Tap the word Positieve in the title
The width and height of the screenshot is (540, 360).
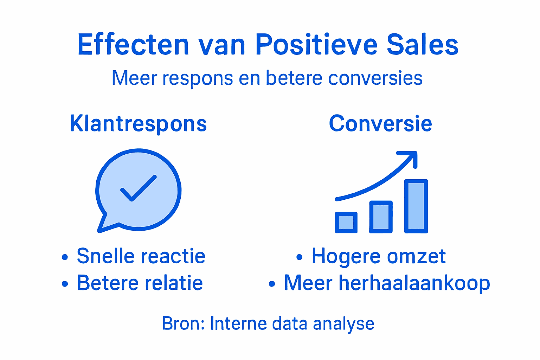click(316, 45)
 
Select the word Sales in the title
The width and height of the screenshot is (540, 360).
click(423, 45)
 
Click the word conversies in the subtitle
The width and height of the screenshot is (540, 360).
click(375, 78)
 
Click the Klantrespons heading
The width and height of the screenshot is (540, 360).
click(138, 124)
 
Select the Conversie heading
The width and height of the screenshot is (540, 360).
click(380, 124)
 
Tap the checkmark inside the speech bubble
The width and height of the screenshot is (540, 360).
click(138, 188)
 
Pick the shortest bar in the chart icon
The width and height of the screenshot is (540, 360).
click(346, 223)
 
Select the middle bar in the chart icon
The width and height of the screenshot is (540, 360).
click(381, 217)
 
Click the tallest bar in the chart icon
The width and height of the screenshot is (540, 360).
click(416, 206)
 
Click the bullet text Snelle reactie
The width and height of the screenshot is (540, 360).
click(141, 256)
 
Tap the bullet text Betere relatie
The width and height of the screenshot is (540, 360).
click(140, 283)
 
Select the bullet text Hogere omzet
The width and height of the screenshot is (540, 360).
click(379, 256)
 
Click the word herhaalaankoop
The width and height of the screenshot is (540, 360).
click(414, 283)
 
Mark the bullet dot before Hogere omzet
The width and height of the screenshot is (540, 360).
click(299, 257)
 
